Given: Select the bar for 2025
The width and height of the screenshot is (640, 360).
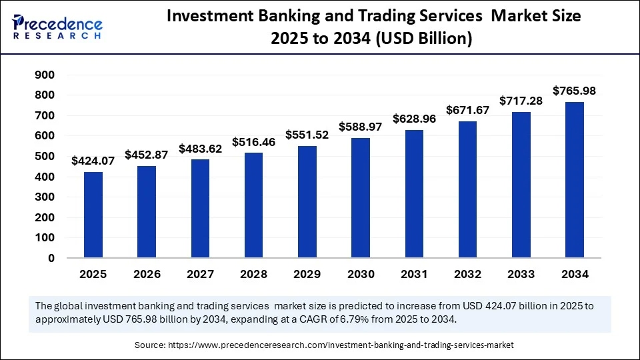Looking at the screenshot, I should click(x=93, y=215).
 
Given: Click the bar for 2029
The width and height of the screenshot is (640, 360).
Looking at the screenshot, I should click(x=307, y=202).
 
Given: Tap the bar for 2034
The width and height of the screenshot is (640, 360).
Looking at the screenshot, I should click(x=575, y=180).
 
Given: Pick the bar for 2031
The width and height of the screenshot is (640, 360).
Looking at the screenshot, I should click(x=414, y=194).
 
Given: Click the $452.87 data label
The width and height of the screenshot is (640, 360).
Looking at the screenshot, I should click(x=147, y=155).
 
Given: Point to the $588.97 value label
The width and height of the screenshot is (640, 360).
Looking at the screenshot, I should click(x=361, y=127).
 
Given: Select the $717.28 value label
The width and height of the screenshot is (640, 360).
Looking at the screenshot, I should click(x=521, y=101).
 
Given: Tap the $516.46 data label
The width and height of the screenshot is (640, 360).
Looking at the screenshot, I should click(x=254, y=142).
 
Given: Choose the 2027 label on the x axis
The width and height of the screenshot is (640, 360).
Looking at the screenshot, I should click(x=200, y=274).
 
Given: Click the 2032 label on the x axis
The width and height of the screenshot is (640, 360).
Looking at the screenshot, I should click(x=467, y=274).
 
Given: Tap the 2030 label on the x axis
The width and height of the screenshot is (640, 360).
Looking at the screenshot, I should click(x=361, y=274).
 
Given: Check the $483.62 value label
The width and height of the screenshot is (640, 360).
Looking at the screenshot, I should click(x=200, y=148).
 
